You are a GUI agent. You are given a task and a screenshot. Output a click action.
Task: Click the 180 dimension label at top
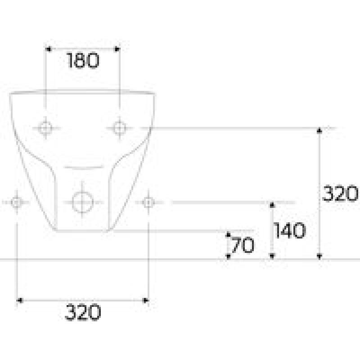click(x=83, y=61)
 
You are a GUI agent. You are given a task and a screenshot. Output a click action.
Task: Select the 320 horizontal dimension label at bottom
click(x=83, y=312)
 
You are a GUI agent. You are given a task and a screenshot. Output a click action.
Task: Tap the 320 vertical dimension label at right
click(x=340, y=193)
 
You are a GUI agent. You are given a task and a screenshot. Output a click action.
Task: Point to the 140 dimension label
click(x=290, y=230)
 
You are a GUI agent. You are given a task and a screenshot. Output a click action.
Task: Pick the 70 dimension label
click(x=243, y=245)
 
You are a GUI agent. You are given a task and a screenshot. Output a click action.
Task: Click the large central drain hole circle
click(x=82, y=202)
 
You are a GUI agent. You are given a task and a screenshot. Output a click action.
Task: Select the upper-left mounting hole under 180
click(x=45, y=128)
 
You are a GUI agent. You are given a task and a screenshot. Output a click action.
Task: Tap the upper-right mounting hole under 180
click(x=120, y=128)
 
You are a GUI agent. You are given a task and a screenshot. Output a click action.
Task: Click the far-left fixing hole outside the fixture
click(x=17, y=202)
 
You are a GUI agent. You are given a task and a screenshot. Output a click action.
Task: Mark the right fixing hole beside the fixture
click(x=148, y=202)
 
